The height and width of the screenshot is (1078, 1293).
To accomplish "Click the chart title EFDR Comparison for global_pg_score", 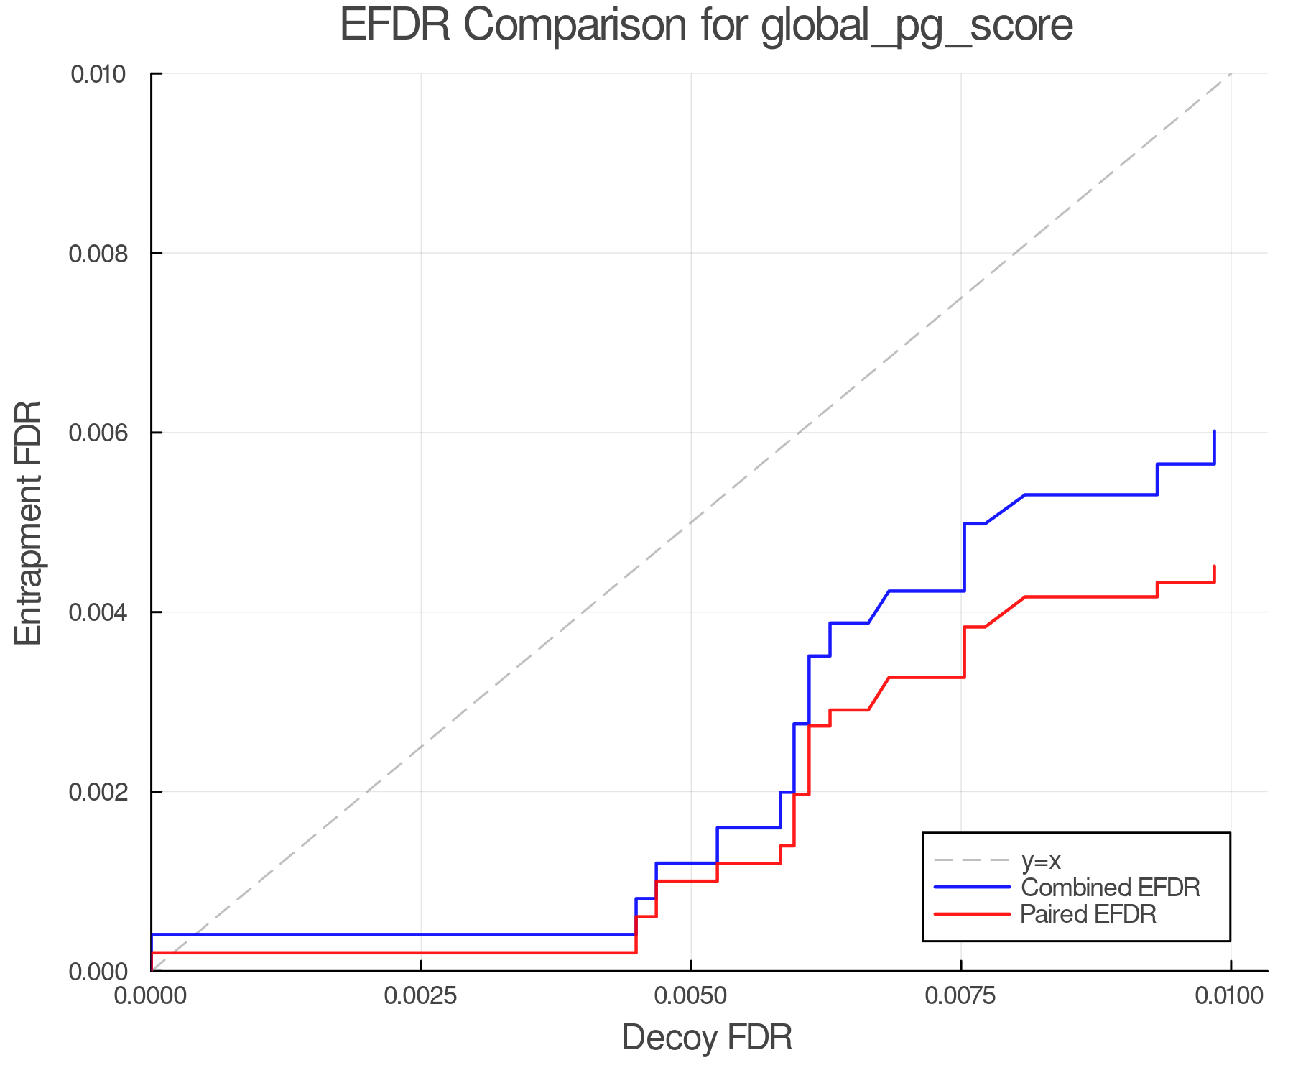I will pos(706,25).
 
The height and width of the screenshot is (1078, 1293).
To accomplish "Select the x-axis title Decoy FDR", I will pos(707,1038).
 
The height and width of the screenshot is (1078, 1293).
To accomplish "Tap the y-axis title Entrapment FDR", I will pos(29,522).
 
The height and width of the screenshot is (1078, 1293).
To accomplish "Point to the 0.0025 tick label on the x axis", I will pos(421,996).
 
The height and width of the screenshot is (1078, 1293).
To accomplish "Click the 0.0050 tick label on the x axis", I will pos(691,996).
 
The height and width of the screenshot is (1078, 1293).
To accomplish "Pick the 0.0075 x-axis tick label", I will pos(961,996).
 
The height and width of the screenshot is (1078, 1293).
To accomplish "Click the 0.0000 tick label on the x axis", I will pos(151,996).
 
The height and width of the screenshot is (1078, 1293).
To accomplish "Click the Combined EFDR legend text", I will pos(1111,888).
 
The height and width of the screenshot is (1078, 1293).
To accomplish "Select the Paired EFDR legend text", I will pos(1089,914).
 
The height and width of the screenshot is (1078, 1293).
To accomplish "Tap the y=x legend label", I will pos(1041,860).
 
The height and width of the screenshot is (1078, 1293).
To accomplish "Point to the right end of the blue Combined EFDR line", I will pos(1214,432).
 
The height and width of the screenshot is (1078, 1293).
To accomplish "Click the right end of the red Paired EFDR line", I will pos(1214,567).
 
